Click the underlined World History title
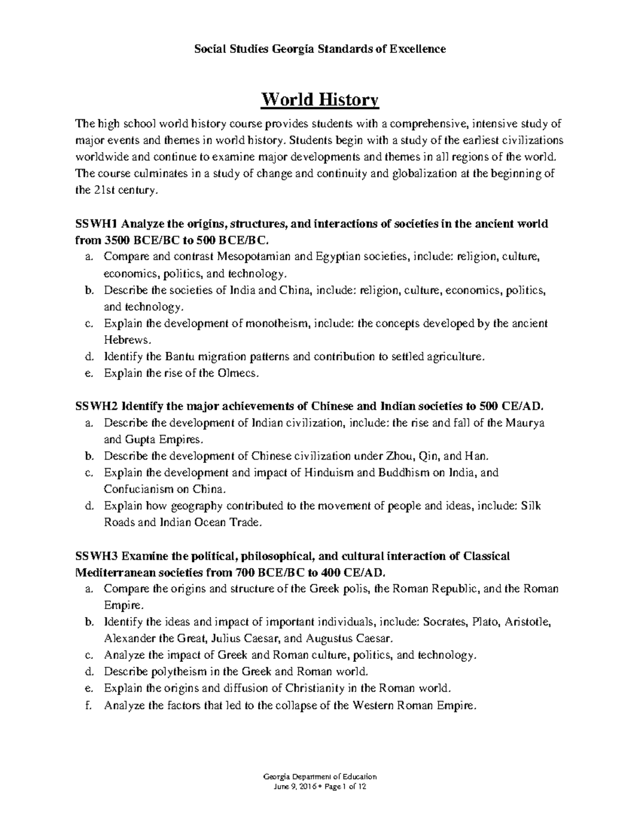319,100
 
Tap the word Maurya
525,423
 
